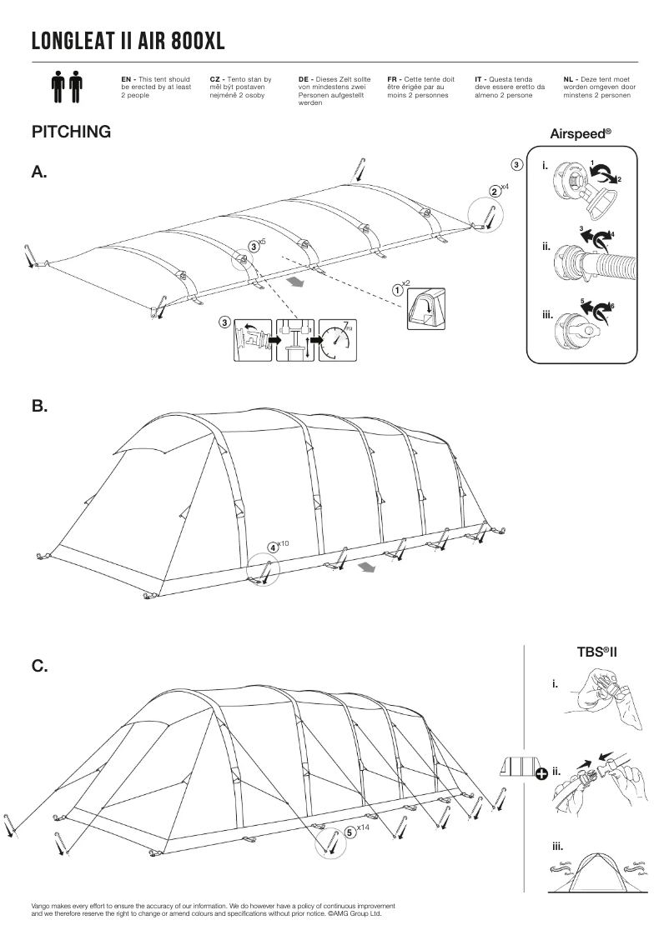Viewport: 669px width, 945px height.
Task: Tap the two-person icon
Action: (x=67, y=86)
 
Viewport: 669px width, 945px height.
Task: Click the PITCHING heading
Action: (x=71, y=132)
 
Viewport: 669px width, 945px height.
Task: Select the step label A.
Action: (x=39, y=172)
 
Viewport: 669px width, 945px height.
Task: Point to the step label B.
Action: (x=39, y=407)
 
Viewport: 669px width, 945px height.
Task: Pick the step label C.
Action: (x=39, y=667)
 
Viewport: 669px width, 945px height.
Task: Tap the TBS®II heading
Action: (x=596, y=652)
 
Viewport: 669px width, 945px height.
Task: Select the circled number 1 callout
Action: (x=398, y=288)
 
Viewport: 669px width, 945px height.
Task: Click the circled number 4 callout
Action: (x=273, y=547)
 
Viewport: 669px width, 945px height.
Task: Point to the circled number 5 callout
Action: (x=350, y=832)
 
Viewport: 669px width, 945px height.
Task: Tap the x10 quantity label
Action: (x=283, y=543)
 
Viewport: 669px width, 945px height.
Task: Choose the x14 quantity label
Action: (x=362, y=827)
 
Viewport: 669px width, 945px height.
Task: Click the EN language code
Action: (x=127, y=78)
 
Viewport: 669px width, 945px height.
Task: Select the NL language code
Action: (x=568, y=78)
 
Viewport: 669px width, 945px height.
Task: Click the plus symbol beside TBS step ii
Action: (x=541, y=773)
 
